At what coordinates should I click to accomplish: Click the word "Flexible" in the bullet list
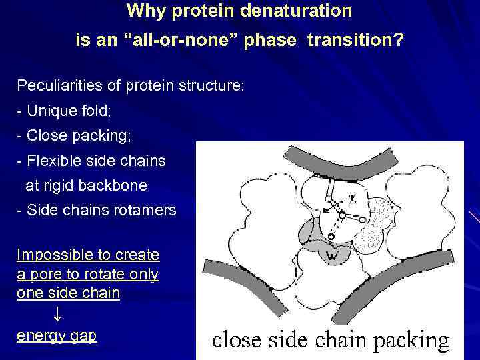click(x=54, y=161)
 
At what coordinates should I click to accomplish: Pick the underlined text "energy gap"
click(x=57, y=336)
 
